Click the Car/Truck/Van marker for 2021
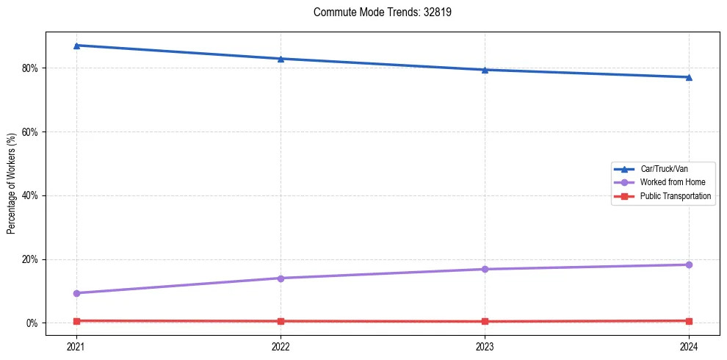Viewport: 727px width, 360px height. coord(76,46)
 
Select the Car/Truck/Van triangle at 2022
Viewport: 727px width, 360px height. coord(281,59)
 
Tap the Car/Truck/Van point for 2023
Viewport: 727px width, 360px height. coord(485,70)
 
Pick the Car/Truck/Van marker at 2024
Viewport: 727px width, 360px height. coord(689,77)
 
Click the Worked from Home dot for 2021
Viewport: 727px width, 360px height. coord(76,293)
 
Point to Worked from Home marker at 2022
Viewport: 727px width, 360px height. coord(281,278)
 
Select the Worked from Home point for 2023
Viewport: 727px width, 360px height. coord(485,269)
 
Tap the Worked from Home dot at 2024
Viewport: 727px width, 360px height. coord(689,264)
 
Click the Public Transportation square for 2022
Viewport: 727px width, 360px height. coord(281,321)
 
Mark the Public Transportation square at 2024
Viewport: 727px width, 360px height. coord(689,321)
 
